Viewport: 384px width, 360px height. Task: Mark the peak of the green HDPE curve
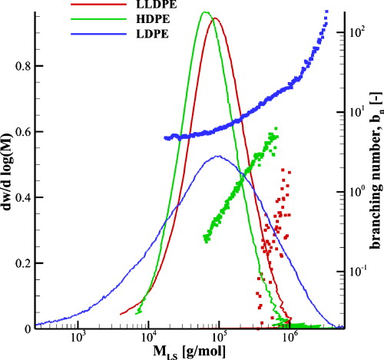[204, 12]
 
